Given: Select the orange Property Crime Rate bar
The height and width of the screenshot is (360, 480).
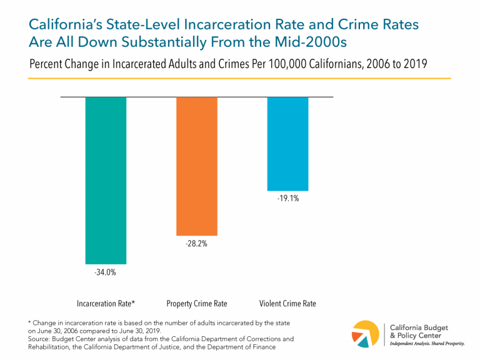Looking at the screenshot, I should coord(197,166).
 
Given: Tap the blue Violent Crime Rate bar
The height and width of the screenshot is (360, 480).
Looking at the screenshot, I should coord(287,144).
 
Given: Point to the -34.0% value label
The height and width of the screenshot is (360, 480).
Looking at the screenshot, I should coord(106,272).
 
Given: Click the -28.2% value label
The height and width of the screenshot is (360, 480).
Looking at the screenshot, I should coord(197,244).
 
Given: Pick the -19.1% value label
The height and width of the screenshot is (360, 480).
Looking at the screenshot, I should coord(287,200).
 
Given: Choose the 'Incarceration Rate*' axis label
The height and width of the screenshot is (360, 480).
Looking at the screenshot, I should coord(106,304).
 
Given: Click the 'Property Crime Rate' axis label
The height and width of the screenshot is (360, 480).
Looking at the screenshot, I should coord(197,304).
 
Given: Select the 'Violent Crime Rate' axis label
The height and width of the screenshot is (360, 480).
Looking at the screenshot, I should coord(287,304).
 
